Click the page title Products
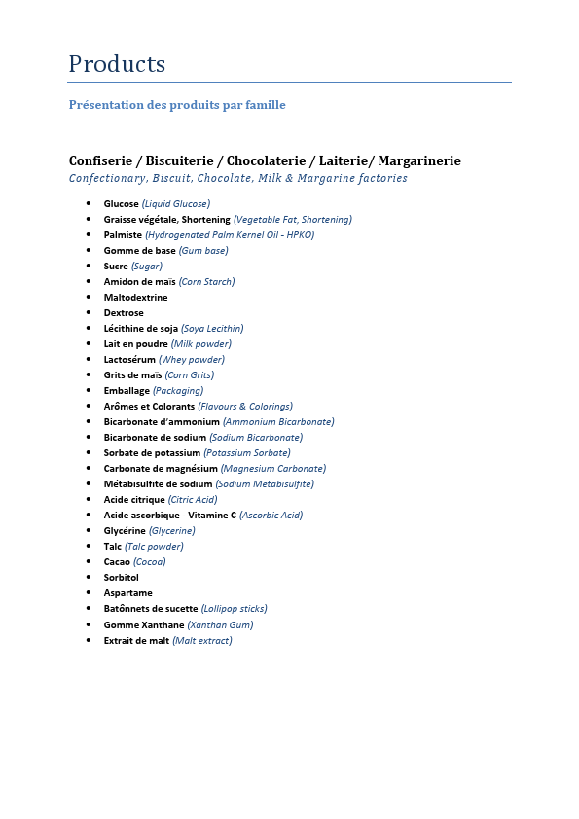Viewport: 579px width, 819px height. (117, 64)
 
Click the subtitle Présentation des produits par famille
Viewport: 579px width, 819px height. (177, 105)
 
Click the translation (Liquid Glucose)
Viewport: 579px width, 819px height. (176, 204)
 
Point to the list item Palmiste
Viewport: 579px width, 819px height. (123, 235)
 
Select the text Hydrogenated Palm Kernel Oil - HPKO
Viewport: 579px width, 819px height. (231, 235)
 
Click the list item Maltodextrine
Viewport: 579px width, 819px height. (135, 298)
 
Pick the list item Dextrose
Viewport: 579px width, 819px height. (124, 313)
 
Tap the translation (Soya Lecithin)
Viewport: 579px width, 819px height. (212, 329)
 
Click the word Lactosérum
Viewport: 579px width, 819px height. (129, 360)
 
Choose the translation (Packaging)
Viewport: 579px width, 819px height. (178, 391)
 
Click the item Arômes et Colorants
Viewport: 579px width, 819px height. (149, 407)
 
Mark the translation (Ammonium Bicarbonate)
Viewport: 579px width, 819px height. (278, 422)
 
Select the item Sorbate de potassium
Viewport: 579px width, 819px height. (152, 453)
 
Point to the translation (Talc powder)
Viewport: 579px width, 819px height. (154, 547)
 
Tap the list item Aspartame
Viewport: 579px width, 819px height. (128, 593)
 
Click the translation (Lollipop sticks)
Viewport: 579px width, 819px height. (234, 609)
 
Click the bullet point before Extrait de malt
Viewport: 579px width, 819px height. (89, 640)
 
